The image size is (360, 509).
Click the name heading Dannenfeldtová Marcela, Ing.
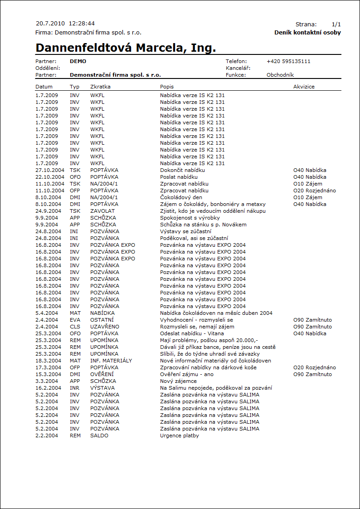126,48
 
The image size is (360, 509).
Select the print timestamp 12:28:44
82,23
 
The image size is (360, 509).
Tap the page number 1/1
336,24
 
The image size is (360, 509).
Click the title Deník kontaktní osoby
307,33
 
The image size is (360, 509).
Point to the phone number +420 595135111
288,61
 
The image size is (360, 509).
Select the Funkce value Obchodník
280,75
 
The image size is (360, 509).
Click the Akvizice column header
304,86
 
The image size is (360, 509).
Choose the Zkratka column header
100,86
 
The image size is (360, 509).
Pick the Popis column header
167,86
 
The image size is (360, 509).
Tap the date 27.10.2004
50,170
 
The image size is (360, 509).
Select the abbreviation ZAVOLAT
102,211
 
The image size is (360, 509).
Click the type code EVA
75,320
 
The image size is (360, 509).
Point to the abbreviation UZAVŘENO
105,327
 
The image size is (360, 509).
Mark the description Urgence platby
180,436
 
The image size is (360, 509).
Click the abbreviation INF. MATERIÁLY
111,361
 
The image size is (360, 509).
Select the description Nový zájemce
178,381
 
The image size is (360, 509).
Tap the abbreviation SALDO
99,436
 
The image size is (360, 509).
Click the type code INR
75,388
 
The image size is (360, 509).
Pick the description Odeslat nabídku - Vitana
192,333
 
